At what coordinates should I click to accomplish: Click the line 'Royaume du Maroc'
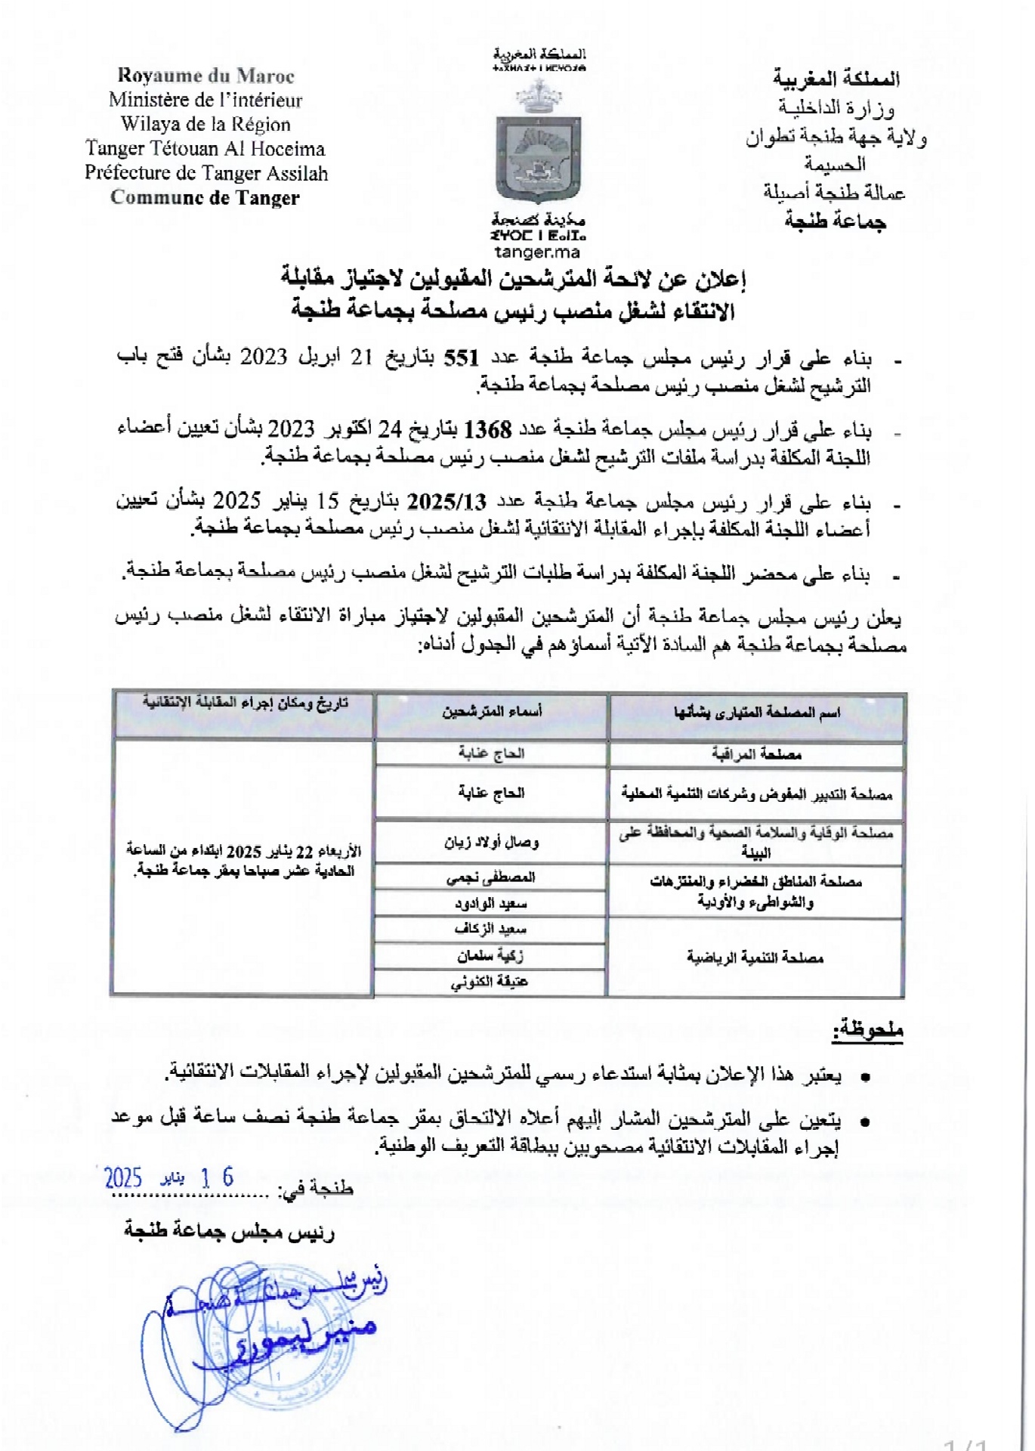click(x=205, y=76)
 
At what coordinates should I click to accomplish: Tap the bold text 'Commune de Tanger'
click(x=205, y=198)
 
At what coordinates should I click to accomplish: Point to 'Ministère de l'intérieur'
click(x=205, y=100)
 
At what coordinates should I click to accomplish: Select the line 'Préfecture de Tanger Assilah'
click(x=205, y=173)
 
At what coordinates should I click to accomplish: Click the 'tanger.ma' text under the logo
click(x=537, y=252)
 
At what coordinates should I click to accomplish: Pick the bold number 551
click(x=462, y=357)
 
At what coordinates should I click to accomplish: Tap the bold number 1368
click(x=488, y=430)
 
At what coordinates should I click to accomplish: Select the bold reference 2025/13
click(x=446, y=502)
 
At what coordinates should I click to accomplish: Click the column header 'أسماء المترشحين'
click(x=492, y=712)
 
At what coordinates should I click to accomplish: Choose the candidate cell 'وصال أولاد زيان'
click(x=492, y=842)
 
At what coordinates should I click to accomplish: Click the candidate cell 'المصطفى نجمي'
click(x=491, y=877)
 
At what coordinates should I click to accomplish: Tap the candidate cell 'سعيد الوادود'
click(x=491, y=904)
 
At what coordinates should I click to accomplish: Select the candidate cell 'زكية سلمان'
click(x=490, y=956)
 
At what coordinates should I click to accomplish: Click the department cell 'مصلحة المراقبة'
click(x=756, y=754)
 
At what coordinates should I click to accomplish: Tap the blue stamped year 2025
click(x=123, y=1177)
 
